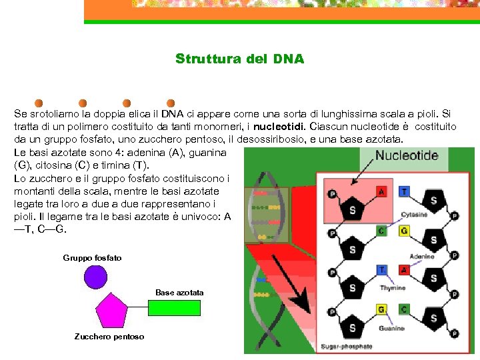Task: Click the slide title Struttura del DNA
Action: pos(239,59)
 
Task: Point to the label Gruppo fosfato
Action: pos(92,257)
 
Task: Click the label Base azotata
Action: pos(179,293)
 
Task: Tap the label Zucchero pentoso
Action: pos(109,337)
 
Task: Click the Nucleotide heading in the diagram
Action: pos(407,156)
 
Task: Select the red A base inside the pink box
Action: pos(381,191)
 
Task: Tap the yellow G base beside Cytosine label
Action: pos(404,231)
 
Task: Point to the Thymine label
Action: pos(393,288)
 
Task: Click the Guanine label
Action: pos(391,328)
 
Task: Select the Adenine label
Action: pos(421,256)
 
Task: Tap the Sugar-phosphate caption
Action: pos(347,346)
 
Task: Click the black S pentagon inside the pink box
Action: pos(352,209)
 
